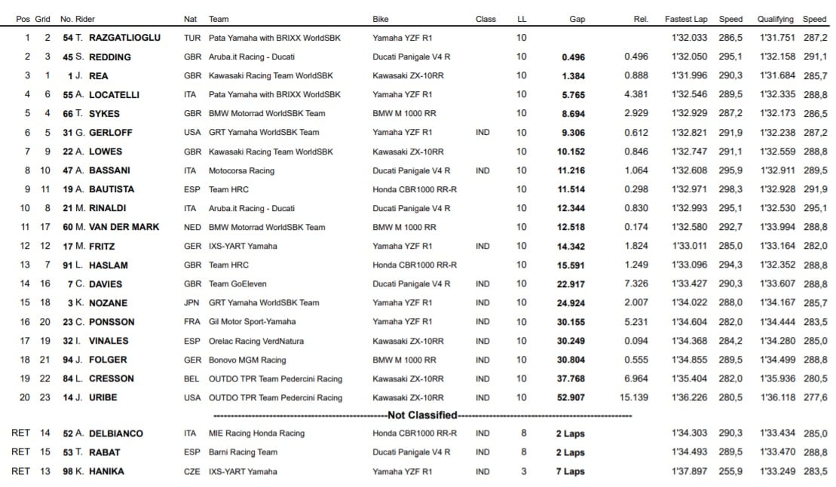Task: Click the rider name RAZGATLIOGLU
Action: click(124, 38)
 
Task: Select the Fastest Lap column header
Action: click(686, 19)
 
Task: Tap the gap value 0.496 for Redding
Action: click(573, 57)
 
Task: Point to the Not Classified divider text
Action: click(422, 415)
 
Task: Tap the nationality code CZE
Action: click(192, 471)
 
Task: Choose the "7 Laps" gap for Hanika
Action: click(570, 471)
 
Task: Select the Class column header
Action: click(485, 19)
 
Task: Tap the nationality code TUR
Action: click(192, 38)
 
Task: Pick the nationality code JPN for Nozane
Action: click(192, 302)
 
